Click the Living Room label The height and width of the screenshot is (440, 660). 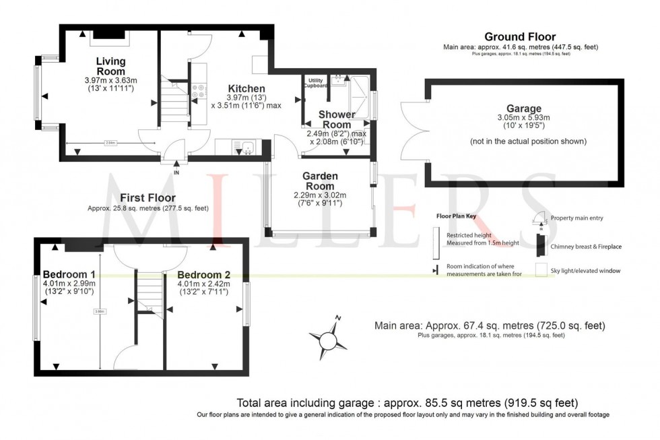[110, 66]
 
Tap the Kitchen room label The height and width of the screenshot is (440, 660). [246, 89]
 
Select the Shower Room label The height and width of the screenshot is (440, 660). [337, 119]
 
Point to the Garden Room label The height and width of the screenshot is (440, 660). [321, 181]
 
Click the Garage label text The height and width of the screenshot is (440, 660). [523, 108]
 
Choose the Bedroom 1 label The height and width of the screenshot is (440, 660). [69, 274]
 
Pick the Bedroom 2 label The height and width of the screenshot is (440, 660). [203, 274]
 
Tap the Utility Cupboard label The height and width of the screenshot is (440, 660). [317, 83]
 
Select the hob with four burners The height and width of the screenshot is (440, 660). [199, 91]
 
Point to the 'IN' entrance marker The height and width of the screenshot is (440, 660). [176, 172]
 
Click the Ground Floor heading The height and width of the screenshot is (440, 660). [520, 36]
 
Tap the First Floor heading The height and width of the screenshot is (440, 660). [147, 198]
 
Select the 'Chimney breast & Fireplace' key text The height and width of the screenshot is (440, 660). [586, 247]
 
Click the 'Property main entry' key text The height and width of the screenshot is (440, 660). [577, 218]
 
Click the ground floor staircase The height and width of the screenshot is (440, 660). [175, 101]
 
